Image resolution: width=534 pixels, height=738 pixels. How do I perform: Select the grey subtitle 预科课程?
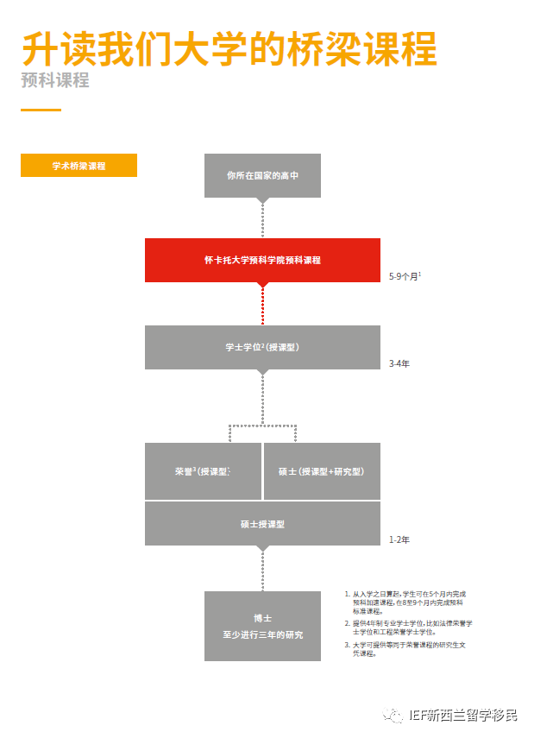pyautogui.click(x=55, y=81)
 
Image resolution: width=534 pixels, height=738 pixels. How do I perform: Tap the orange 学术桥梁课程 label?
pyautogui.click(x=79, y=166)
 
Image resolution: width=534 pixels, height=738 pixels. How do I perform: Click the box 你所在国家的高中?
pyautogui.click(x=262, y=175)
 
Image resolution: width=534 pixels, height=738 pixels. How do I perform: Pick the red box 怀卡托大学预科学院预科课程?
pyautogui.click(x=262, y=260)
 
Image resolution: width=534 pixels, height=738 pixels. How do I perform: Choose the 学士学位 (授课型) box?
pyautogui.click(x=262, y=348)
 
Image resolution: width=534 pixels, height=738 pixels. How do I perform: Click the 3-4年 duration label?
pyautogui.click(x=399, y=363)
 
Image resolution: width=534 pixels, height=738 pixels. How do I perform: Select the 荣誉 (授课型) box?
pyautogui.click(x=203, y=471)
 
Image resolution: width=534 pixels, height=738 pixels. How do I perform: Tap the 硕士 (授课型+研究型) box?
pyautogui.click(x=322, y=471)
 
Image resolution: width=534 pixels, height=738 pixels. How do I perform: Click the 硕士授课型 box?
pyautogui.click(x=262, y=524)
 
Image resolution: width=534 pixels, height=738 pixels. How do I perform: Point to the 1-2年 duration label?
pyautogui.click(x=399, y=540)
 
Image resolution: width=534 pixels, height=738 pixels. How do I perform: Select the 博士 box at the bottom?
pyautogui.click(x=262, y=626)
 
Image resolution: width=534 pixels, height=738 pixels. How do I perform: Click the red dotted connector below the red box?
pyautogui.click(x=262, y=303)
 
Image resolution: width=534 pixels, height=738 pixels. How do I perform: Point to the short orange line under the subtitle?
pyautogui.click(x=41, y=110)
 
